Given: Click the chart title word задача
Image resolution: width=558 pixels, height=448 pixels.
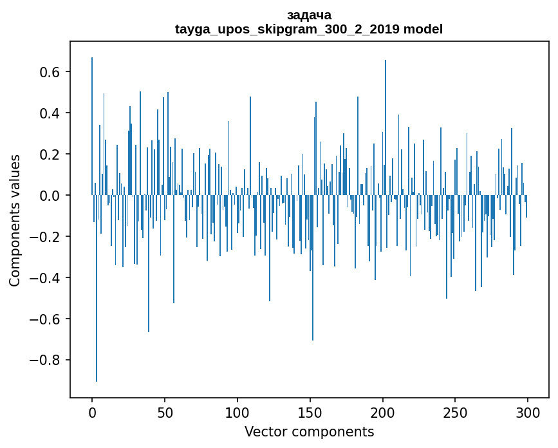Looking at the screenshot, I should (309, 15).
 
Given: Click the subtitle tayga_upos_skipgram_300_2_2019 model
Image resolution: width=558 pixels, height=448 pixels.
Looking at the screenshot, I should (309, 29).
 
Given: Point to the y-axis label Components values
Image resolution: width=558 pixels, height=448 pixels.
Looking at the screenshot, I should (14, 220).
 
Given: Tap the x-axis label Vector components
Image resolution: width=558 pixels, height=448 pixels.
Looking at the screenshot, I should (309, 431).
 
